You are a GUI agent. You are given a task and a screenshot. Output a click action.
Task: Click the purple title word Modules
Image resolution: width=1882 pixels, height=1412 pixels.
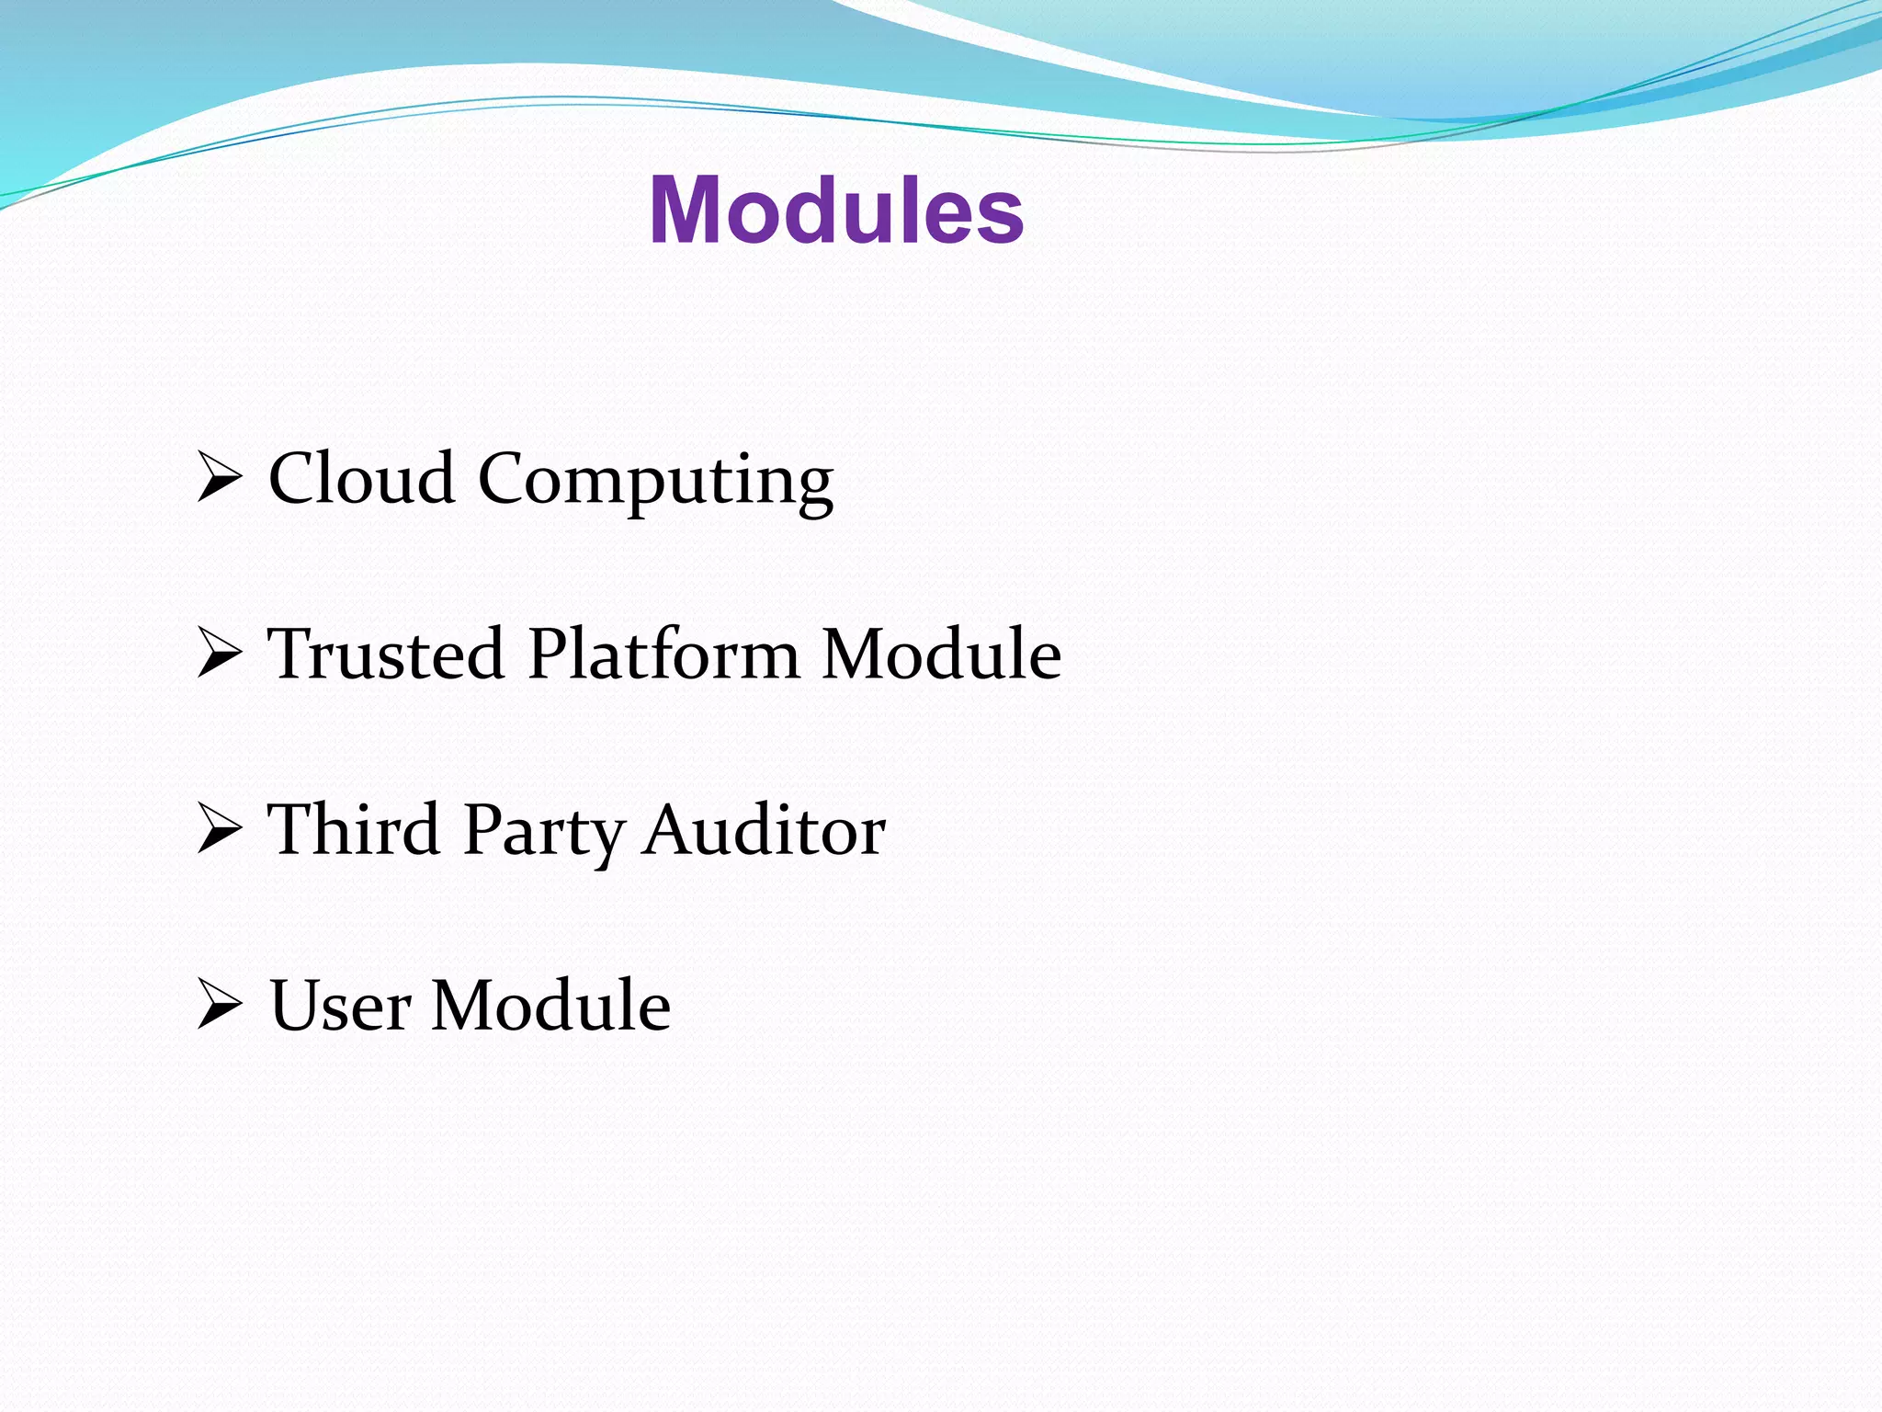coord(835,211)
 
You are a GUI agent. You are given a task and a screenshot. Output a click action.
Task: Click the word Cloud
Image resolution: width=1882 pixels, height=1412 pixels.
coord(361,478)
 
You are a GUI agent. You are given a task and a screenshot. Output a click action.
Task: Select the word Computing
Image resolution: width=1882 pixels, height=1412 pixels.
coord(655,482)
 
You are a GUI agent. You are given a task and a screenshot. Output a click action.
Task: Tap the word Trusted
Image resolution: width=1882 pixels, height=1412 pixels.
coord(385,654)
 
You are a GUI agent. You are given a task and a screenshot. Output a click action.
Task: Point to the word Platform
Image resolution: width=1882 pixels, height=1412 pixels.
coord(663,654)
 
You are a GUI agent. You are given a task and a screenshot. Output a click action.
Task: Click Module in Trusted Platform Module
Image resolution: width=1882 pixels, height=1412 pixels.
coord(941,654)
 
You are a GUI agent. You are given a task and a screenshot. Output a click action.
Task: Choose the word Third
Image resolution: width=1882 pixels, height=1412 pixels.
coord(354,829)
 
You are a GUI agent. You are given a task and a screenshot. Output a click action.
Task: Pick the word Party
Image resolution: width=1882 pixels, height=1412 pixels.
coord(542,833)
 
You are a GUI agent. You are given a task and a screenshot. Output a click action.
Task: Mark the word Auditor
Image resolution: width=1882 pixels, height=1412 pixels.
coord(764,829)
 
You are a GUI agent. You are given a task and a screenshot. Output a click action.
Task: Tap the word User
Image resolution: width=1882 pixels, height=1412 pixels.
coord(340,1006)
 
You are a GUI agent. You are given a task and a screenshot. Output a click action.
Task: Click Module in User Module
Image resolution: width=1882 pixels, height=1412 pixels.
coord(550,1006)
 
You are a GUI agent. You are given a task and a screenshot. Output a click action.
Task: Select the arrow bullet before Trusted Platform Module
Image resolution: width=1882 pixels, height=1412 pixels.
coord(219,655)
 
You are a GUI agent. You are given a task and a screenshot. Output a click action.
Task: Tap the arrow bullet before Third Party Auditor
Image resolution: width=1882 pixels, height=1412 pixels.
coord(219,831)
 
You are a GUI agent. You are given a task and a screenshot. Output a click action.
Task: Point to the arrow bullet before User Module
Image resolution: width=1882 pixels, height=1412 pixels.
coord(219,1007)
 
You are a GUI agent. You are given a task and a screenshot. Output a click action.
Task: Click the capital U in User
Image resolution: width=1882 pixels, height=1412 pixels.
coord(296,1006)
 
